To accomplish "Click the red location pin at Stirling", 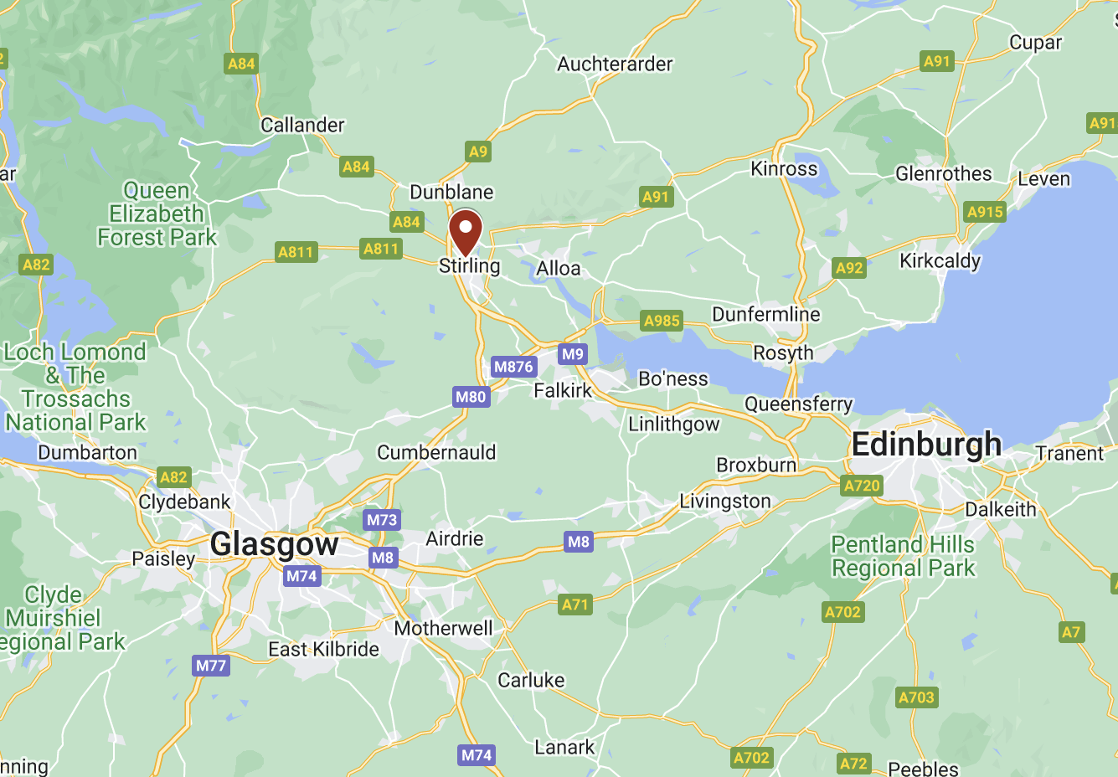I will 466,231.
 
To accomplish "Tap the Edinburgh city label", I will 926,444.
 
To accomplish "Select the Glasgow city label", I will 275,544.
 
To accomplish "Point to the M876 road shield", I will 513,367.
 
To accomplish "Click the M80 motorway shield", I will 471,397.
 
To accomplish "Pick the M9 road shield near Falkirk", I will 573,354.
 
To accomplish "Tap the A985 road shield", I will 662,321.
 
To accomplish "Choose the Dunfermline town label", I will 765,314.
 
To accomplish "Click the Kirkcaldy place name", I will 940,261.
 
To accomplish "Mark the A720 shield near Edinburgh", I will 862,486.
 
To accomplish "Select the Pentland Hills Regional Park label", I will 903,557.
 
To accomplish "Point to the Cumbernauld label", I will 436,453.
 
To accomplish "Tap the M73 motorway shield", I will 382,520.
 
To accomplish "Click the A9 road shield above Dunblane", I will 477,152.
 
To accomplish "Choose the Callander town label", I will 302,126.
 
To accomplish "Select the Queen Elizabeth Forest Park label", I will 157,214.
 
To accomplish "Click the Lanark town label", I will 564,747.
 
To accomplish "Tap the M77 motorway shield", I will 210,666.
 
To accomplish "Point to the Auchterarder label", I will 615,64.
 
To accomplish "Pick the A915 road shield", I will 985,212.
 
